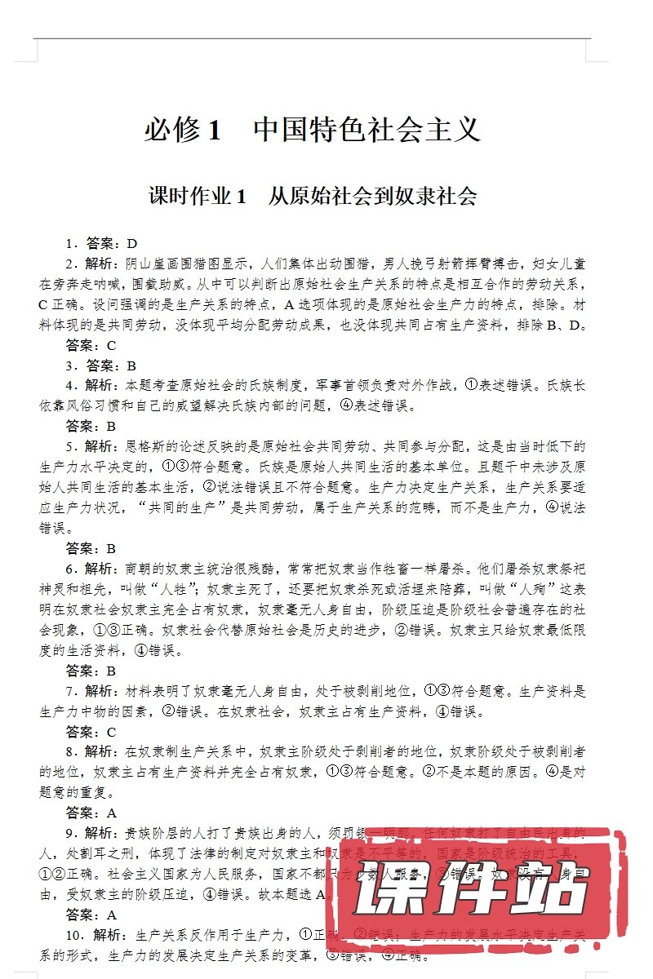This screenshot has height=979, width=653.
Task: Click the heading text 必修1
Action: click(183, 131)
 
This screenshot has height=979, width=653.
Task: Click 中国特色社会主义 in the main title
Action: click(367, 131)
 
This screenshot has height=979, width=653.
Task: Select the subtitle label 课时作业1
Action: click(196, 197)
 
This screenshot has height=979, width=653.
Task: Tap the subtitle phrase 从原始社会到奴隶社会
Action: click(372, 197)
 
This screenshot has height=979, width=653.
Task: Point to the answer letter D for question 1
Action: click(131, 243)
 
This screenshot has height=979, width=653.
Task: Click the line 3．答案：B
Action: click(101, 365)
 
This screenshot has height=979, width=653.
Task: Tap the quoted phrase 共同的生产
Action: click(184, 507)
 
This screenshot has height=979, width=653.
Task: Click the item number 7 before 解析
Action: click(70, 691)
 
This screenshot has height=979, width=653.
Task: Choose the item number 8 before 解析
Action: click(70, 751)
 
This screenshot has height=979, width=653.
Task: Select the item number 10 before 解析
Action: click(73, 934)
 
